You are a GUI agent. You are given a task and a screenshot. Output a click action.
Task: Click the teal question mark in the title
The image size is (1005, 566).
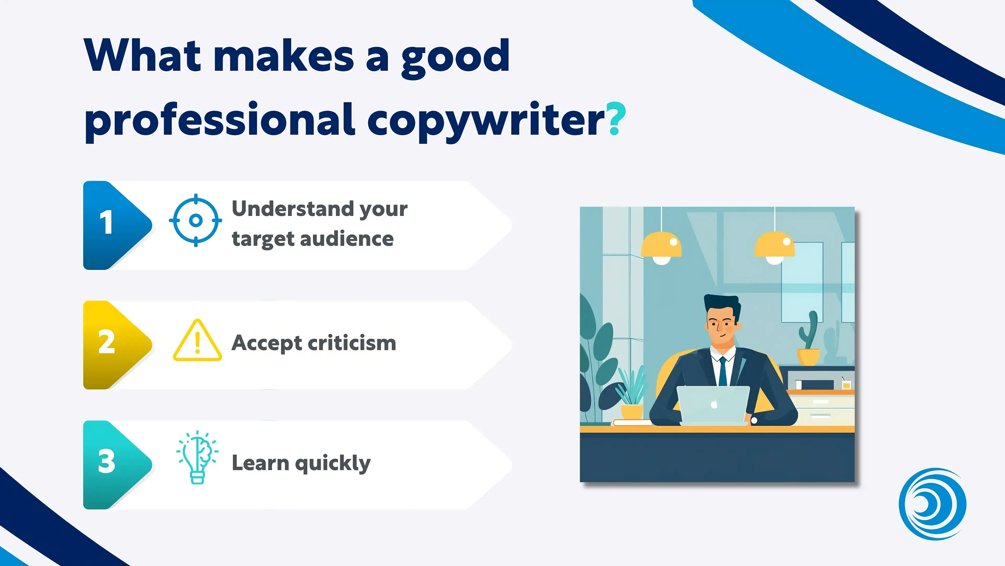[x=616, y=118]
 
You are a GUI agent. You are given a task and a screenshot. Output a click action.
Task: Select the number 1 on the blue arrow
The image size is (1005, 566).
[x=106, y=222]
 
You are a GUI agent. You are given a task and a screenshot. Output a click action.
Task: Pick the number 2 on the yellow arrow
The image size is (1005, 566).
[x=107, y=342]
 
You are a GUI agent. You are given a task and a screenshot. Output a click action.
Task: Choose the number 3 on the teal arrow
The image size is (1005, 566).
[x=107, y=461]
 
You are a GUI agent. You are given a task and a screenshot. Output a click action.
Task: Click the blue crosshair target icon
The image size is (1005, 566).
[x=196, y=220]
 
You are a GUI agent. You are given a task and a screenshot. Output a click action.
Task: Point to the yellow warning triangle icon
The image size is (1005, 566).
[x=197, y=340]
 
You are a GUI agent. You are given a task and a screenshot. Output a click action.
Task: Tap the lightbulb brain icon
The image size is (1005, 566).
[x=197, y=457]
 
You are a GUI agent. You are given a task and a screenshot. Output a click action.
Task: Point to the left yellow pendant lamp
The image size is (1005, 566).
[x=661, y=248]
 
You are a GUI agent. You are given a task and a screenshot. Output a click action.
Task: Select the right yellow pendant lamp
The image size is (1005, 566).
[x=774, y=248]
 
